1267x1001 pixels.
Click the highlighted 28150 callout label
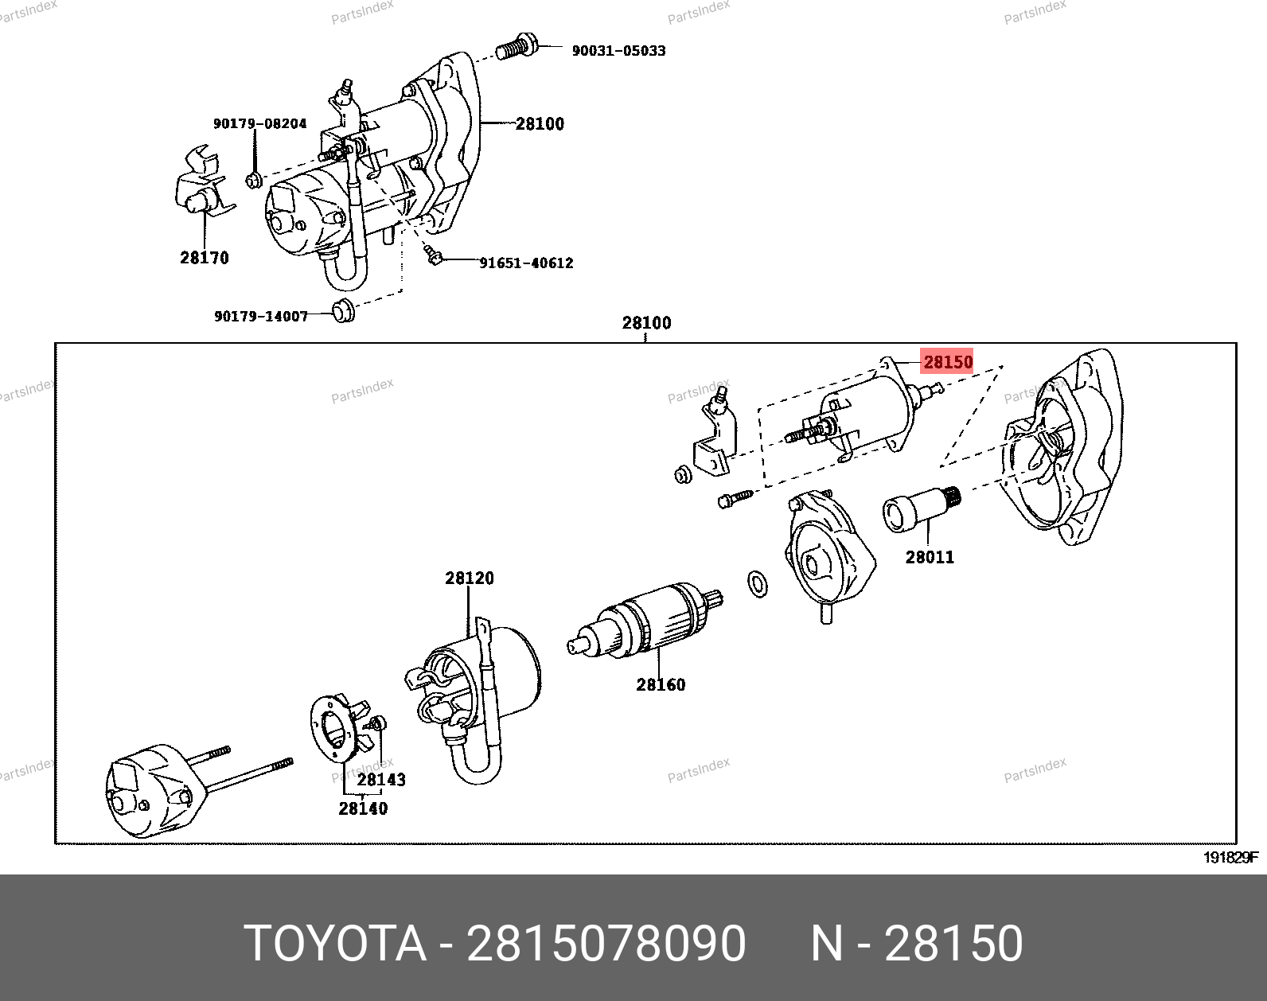pyautogui.click(x=947, y=361)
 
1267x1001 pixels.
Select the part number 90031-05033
pyautogui.click(x=619, y=51)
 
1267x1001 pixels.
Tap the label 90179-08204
pyautogui.click(x=259, y=123)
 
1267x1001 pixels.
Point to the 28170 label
pyautogui.click(x=205, y=257)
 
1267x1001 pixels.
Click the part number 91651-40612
pyautogui.click(x=526, y=263)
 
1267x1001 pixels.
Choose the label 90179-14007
pyautogui.click(x=261, y=316)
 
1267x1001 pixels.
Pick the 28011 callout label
pyautogui.click(x=930, y=557)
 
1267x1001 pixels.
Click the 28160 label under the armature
pyautogui.click(x=661, y=685)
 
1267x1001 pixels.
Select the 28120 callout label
pyautogui.click(x=470, y=578)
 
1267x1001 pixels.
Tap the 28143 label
pyautogui.click(x=381, y=780)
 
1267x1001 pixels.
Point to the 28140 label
pyautogui.click(x=363, y=808)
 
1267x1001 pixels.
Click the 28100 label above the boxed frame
pyautogui.click(x=646, y=323)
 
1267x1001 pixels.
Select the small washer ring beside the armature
pyautogui.click(x=758, y=583)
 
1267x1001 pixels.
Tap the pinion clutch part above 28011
pyautogui.click(x=922, y=508)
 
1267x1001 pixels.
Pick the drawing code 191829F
pyautogui.click(x=1230, y=858)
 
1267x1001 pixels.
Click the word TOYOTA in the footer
pyautogui.click(x=336, y=943)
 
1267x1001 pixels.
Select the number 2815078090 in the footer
pyautogui.click(x=606, y=943)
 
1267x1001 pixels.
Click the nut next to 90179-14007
pyautogui.click(x=344, y=311)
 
